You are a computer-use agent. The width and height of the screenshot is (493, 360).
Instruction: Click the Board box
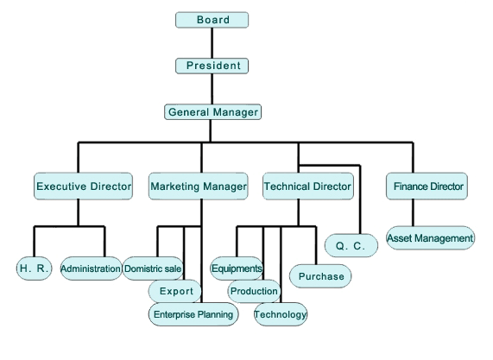point(212,20)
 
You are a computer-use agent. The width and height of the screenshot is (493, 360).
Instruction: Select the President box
point(212,66)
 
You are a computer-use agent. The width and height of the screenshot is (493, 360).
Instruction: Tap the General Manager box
point(213,112)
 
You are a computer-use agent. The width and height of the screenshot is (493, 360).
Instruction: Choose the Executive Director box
point(84,186)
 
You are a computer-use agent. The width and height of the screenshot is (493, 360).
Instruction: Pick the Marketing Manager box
point(199,186)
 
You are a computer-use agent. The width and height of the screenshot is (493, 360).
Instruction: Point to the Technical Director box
point(308,186)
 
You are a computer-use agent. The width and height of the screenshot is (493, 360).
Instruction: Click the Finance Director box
point(427,186)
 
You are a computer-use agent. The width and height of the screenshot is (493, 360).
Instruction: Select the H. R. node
point(35,268)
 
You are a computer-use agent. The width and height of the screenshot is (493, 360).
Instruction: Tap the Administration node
point(91,268)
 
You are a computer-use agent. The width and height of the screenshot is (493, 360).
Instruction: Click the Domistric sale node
point(153,268)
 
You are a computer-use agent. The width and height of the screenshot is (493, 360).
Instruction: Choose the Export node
point(174,291)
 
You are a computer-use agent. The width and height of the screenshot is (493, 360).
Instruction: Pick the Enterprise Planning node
point(193,314)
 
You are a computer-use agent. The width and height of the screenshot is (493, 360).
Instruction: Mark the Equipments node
point(237,268)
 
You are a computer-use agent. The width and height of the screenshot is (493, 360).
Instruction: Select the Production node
point(254,291)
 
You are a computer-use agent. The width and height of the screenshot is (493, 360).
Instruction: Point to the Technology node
point(281,314)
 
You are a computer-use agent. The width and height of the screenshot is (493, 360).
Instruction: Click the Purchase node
point(320,276)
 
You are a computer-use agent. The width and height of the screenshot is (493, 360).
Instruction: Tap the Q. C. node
point(351,245)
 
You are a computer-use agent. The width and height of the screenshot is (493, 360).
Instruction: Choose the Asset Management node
point(431,238)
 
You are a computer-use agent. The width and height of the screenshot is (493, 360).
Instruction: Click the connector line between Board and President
point(212,43)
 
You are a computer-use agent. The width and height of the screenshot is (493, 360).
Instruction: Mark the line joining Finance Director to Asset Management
point(414,213)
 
